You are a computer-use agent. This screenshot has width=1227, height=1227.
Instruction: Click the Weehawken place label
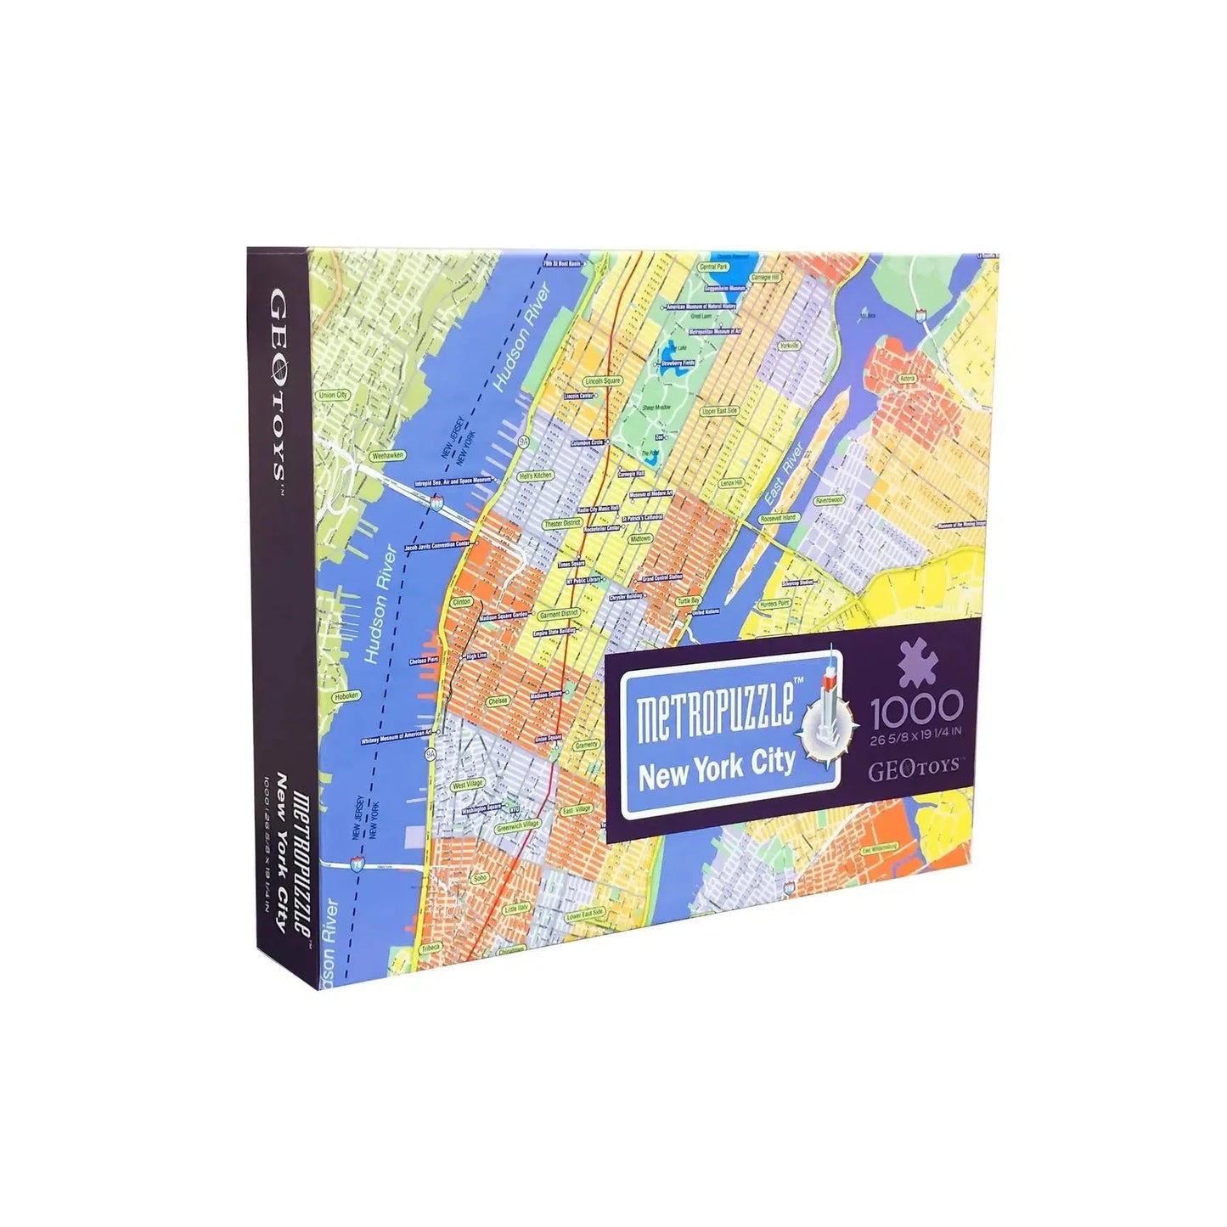click(x=388, y=456)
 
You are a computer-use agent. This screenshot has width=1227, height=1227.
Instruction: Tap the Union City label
click(x=333, y=395)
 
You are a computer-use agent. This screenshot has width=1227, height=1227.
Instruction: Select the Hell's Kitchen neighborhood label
click(x=536, y=476)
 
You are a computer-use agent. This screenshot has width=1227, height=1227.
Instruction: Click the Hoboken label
click(x=346, y=695)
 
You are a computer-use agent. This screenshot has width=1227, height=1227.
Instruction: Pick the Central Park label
click(x=712, y=267)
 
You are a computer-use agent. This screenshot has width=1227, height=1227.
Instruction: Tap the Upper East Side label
click(x=720, y=411)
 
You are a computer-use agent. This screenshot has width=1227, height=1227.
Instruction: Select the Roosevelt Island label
click(x=779, y=517)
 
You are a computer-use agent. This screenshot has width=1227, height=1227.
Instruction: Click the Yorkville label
click(x=790, y=346)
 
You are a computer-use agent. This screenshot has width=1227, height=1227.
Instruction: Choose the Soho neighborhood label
click(x=480, y=878)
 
